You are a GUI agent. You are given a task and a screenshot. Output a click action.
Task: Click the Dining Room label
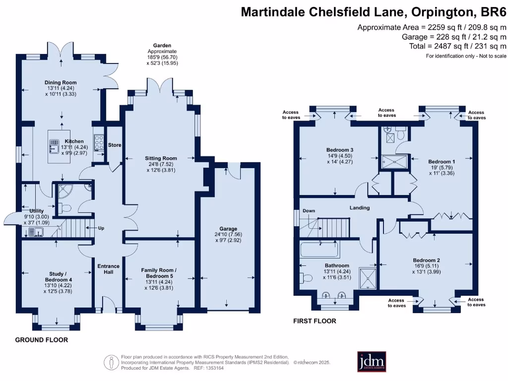click(61, 82)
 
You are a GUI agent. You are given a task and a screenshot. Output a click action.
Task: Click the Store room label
click(115, 145)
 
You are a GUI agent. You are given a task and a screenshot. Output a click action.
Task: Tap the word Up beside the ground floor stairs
click(101, 228)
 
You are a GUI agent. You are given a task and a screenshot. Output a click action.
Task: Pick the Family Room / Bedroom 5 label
click(159, 273)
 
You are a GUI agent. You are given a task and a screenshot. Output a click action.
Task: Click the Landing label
click(359, 207)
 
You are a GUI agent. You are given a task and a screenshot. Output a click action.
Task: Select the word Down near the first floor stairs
click(309, 211)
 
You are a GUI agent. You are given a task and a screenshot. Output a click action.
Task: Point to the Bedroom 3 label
click(339, 150)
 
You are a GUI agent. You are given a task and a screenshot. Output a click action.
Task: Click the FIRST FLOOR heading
click(314, 321)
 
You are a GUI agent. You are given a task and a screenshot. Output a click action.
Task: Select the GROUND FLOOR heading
click(41, 340)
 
